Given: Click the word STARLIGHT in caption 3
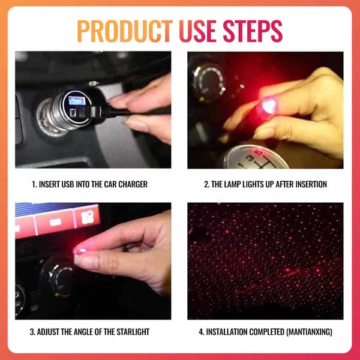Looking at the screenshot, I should pyautogui.click(x=128, y=332).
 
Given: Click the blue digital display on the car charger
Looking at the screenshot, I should pyautogui.click(x=76, y=101).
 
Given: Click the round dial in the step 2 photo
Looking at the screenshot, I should pyautogui.click(x=208, y=80).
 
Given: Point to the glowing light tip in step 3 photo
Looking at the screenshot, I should pyautogui.click(x=79, y=250).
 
